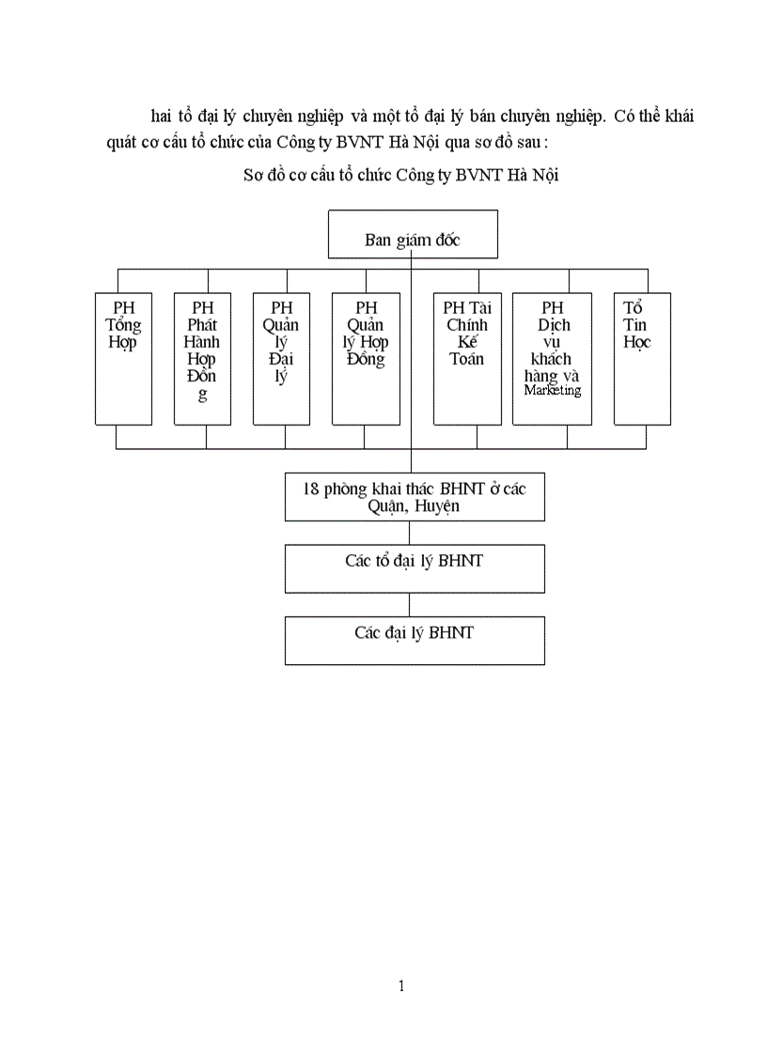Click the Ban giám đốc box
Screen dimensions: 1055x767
pyautogui.click(x=413, y=234)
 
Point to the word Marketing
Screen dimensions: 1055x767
pyautogui.click(x=553, y=391)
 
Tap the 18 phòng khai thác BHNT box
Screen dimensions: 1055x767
pyautogui.click(x=415, y=497)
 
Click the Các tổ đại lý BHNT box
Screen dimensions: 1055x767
pyautogui.click(x=415, y=568)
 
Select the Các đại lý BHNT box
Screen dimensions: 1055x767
pyautogui.click(x=415, y=641)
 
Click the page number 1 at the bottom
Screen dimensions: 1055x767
pyautogui.click(x=401, y=985)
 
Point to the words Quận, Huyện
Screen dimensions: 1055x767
pyautogui.click(x=415, y=506)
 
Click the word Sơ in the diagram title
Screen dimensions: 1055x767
pyautogui.click(x=254, y=176)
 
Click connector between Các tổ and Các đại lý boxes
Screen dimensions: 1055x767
pyautogui.click(x=409, y=604)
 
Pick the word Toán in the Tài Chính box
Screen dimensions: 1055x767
pyautogui.click(x=467, y=358)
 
